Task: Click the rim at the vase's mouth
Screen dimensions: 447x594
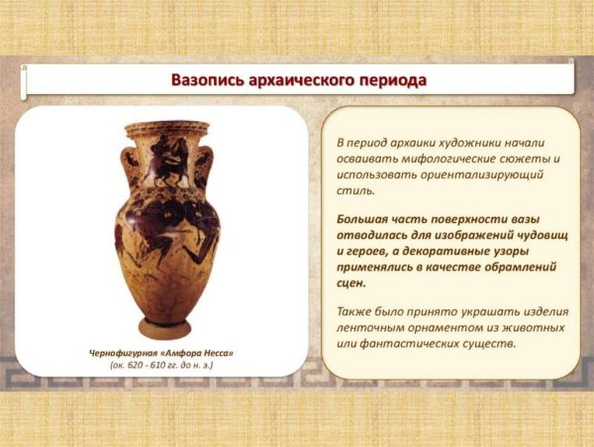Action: [167, 127]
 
